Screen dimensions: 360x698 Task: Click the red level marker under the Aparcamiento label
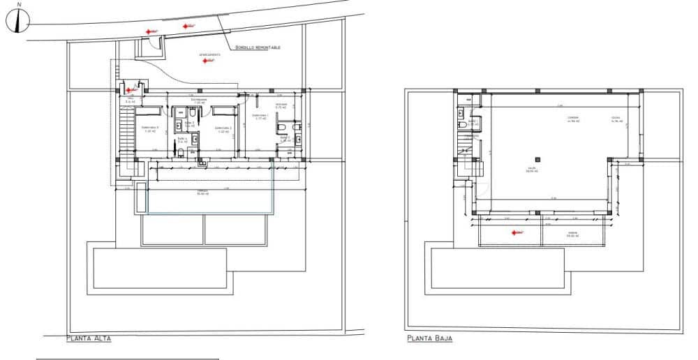205,61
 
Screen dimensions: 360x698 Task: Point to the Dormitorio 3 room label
150,128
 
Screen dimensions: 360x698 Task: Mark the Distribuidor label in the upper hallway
198,100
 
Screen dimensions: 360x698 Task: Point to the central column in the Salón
536,158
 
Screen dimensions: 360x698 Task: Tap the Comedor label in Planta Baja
574,119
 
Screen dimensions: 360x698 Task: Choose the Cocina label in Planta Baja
616,119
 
